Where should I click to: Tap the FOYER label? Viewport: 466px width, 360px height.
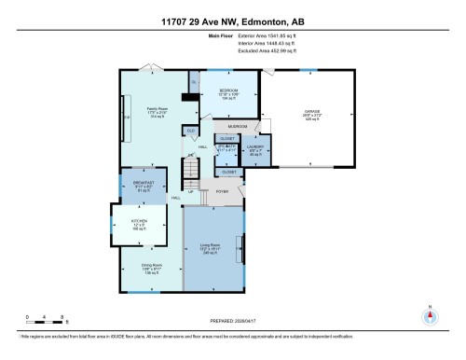pos(223,191)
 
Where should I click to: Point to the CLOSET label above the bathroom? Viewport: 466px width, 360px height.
pos(227,137)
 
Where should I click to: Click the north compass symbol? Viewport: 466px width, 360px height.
pos(430,315)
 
